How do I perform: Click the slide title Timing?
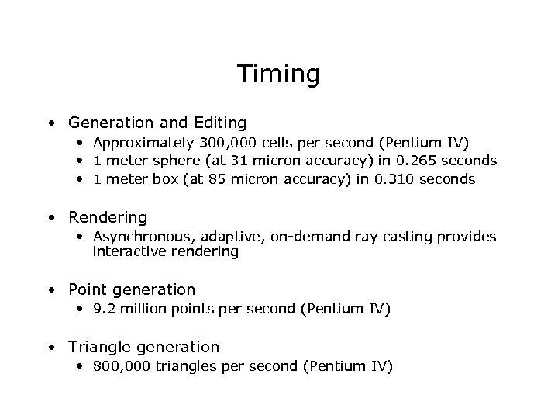(278, 74)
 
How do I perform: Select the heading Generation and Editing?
(157, 123)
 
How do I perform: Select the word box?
(165, 179)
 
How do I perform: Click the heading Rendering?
(108, 217)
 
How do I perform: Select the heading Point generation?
(132, 289)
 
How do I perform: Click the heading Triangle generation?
(143, 347)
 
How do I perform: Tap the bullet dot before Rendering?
(51, 218)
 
